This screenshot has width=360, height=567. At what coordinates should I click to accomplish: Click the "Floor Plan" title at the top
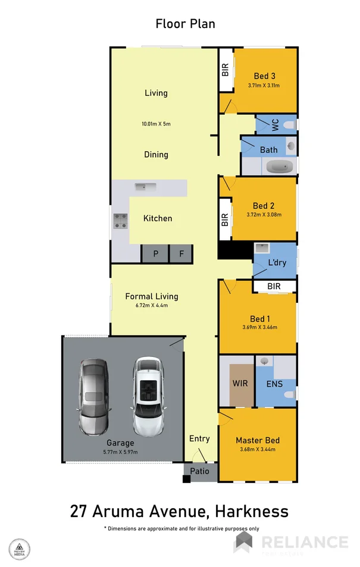click(185, 24)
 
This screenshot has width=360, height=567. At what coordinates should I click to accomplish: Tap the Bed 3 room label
click(264, 76)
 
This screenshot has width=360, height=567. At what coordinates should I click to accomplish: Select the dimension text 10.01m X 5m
click(156, 124)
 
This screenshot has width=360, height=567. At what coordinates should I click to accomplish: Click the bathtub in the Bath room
click(279, 166)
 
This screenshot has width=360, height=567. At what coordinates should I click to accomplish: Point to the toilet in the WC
click(288, 125)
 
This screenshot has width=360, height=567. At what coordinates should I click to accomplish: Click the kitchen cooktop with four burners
click(120, 221)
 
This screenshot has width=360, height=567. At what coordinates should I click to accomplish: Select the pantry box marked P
click(155, 254)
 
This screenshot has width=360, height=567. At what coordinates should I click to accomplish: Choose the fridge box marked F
click(181, 254)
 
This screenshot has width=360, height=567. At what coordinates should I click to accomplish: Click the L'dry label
click(277, 262)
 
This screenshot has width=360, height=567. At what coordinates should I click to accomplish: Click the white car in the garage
click(147, 396)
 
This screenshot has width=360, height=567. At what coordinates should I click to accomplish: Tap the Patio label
click(199, 471)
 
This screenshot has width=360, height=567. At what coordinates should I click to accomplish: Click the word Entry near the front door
click(199, 438)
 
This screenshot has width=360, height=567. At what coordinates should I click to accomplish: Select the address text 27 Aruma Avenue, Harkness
click(179, 510)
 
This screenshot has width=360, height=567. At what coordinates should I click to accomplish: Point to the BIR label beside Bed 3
click(226, 70)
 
